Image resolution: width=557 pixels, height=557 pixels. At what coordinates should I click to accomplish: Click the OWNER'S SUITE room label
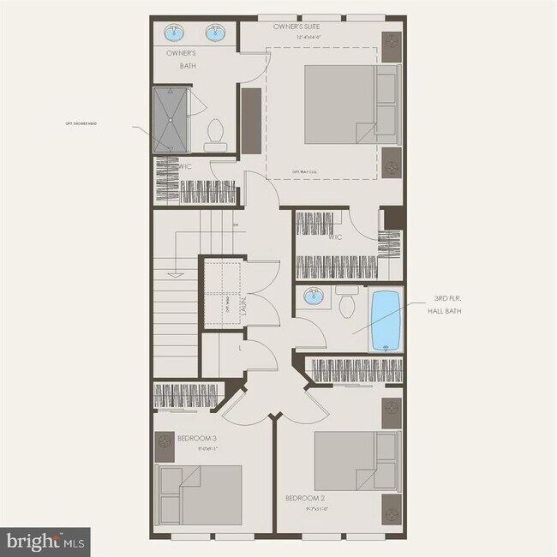click(297, 28)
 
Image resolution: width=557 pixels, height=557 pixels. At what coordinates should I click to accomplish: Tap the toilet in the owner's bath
click(216, 134)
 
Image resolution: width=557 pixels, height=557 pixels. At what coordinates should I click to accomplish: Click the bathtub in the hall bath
click(385, 321)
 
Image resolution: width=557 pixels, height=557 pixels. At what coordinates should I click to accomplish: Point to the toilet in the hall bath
click(347, 302)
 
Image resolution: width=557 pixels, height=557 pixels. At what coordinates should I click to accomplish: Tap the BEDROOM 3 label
click(198, 438)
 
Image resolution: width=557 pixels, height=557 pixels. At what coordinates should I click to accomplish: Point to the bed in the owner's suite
click(351, 105)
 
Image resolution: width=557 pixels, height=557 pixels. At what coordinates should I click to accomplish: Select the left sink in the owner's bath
click(175, 35)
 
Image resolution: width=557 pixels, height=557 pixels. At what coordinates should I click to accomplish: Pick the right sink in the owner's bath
click(214, 35)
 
